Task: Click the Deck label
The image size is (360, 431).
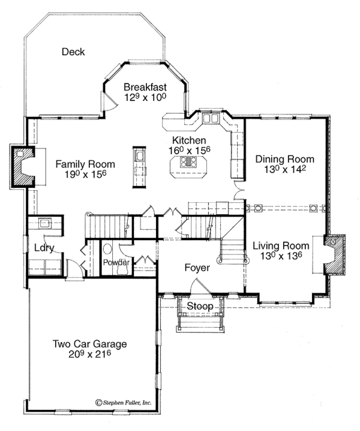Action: coord(73,52)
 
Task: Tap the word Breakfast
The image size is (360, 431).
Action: coord(145,86)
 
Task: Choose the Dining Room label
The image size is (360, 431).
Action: coord(285,159)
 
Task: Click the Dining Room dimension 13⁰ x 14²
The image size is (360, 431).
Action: coord(285,170)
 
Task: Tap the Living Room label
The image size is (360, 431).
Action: coord(281,246)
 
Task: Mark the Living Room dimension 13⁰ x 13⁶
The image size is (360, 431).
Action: coord(281,256)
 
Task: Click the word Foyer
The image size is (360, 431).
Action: coord(197,268)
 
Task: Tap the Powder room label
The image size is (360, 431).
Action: coord(116,263)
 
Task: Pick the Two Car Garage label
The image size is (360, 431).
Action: coord(90,344)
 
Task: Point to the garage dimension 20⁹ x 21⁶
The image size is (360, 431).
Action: coord(90,355)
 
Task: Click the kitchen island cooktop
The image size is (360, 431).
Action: coord(190,161)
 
